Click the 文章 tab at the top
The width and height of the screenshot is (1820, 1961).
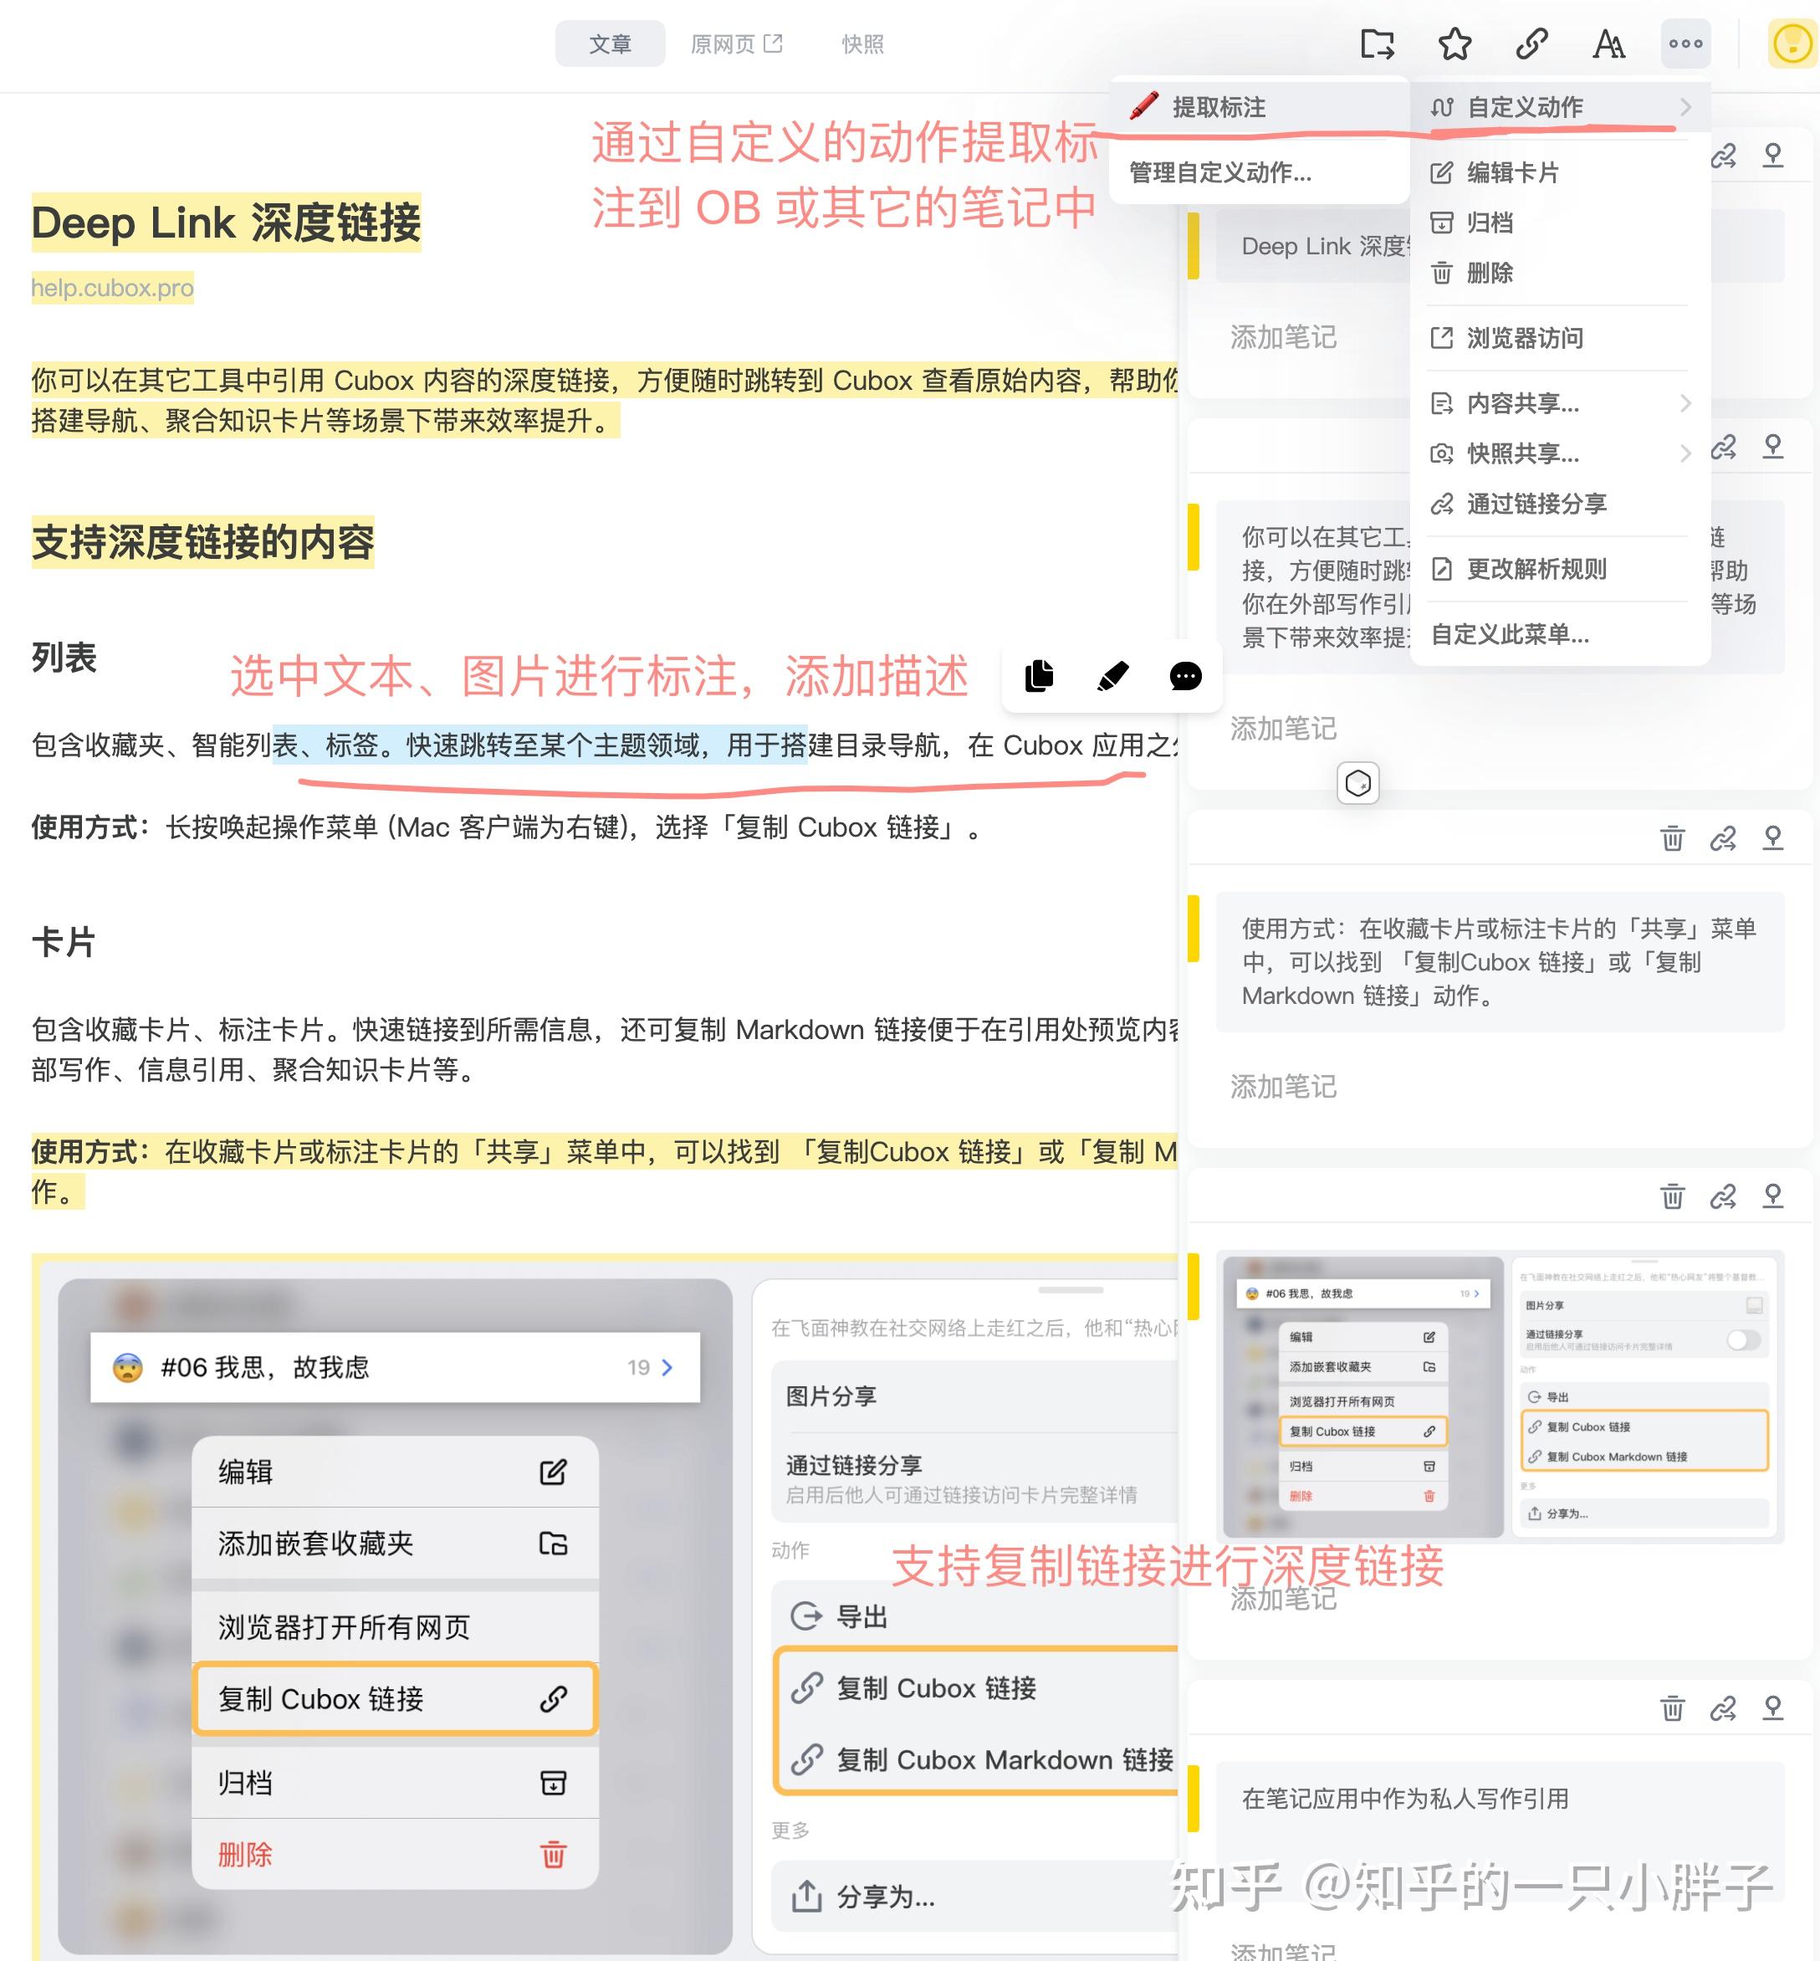(x=610, y=44)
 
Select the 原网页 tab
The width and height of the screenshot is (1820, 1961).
(x=734, y=44)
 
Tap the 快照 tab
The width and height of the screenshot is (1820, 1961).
(x=862, y=44)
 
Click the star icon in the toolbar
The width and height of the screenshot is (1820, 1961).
(x=1454, y=44)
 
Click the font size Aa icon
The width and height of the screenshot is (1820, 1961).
(x=1608, y=44)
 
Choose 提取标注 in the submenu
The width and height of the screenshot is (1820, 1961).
(x=1219, y=107)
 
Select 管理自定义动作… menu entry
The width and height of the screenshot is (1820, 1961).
(x=1220, y=173)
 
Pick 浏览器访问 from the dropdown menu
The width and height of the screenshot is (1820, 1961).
(x=1525, y=339)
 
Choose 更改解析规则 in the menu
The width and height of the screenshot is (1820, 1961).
(x=1536, y=569)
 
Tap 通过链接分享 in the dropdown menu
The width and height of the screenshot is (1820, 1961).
(x=1536, y=504)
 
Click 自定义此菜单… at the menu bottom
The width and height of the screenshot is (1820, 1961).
(x=1510, y=634)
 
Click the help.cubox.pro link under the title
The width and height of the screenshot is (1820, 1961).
(x=112, y=288)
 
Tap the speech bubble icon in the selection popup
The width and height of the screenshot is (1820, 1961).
(x=1185, y=677)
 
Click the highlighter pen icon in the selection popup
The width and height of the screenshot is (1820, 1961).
(x=1112, y=677)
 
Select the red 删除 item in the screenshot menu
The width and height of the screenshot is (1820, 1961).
(x=245, y=1855)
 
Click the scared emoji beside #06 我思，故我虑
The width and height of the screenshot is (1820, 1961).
(x=128, y=1367)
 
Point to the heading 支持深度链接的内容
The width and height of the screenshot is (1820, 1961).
(x=203, y=542)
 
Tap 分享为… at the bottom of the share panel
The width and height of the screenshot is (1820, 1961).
(x=886, y=1896)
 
